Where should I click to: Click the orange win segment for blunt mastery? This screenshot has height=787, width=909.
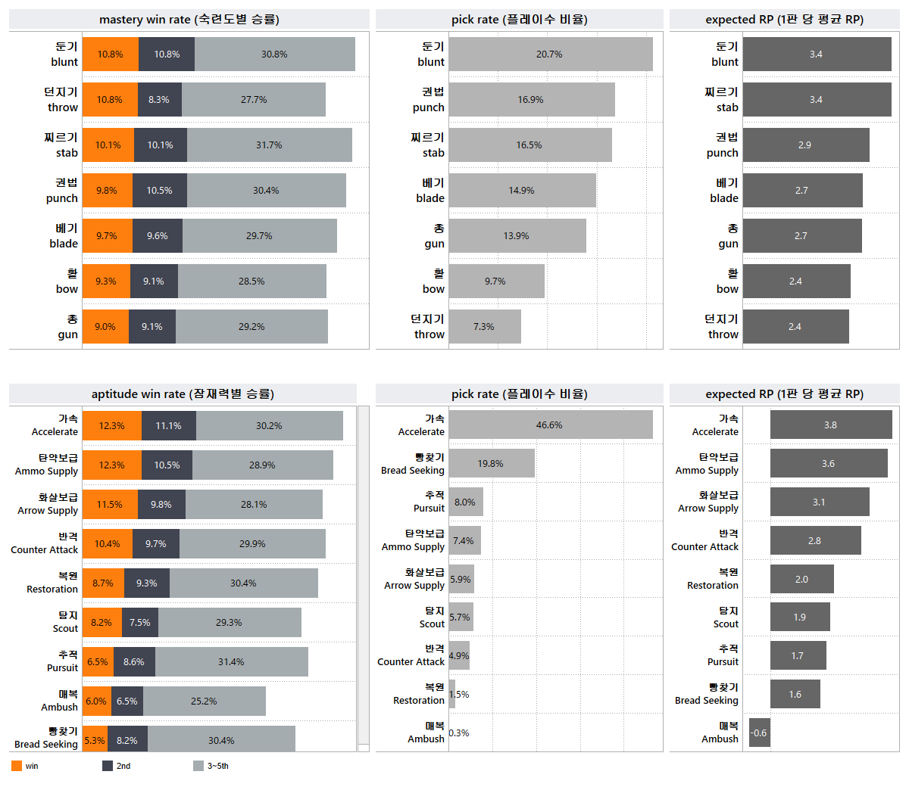tap(111, 54)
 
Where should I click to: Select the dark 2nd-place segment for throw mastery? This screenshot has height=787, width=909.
tap(160, 100)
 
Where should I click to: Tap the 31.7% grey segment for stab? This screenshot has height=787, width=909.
tap(270, 145)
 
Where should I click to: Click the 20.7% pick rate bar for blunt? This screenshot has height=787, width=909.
tap(551, 54)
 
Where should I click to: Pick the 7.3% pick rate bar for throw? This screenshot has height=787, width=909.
tap(485, 327)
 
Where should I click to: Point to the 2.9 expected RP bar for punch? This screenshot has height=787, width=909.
tap(806, 145)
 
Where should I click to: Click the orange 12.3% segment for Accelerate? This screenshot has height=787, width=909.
tap(112, 426)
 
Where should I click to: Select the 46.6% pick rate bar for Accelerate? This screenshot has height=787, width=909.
tap(551, 425)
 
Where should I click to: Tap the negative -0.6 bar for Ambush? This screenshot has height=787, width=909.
tap(760, 733)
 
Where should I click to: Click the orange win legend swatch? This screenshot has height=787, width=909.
tap(17, 766)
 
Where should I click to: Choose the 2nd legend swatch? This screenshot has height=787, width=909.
tap(108, 766)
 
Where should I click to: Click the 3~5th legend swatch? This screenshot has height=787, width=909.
tap(198, 766)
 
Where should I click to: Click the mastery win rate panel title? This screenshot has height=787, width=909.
tap(189, 20)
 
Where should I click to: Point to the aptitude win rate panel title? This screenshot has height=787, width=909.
tap(183, 394)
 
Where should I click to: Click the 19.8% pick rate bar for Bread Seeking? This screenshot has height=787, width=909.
tap(492, 464)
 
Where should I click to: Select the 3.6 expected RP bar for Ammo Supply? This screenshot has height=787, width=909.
tap(829, 464)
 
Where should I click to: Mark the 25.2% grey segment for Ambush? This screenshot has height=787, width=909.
tap(205, 701)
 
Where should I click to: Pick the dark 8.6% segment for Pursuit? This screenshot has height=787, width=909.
tap(134, 662)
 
